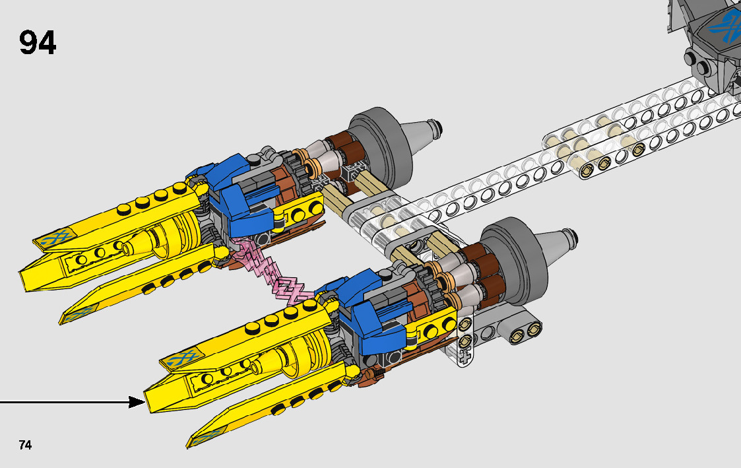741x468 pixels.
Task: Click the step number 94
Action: coord(38,42)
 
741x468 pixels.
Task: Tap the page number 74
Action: coord(26,445)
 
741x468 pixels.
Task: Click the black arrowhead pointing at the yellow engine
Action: coord(137,402)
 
